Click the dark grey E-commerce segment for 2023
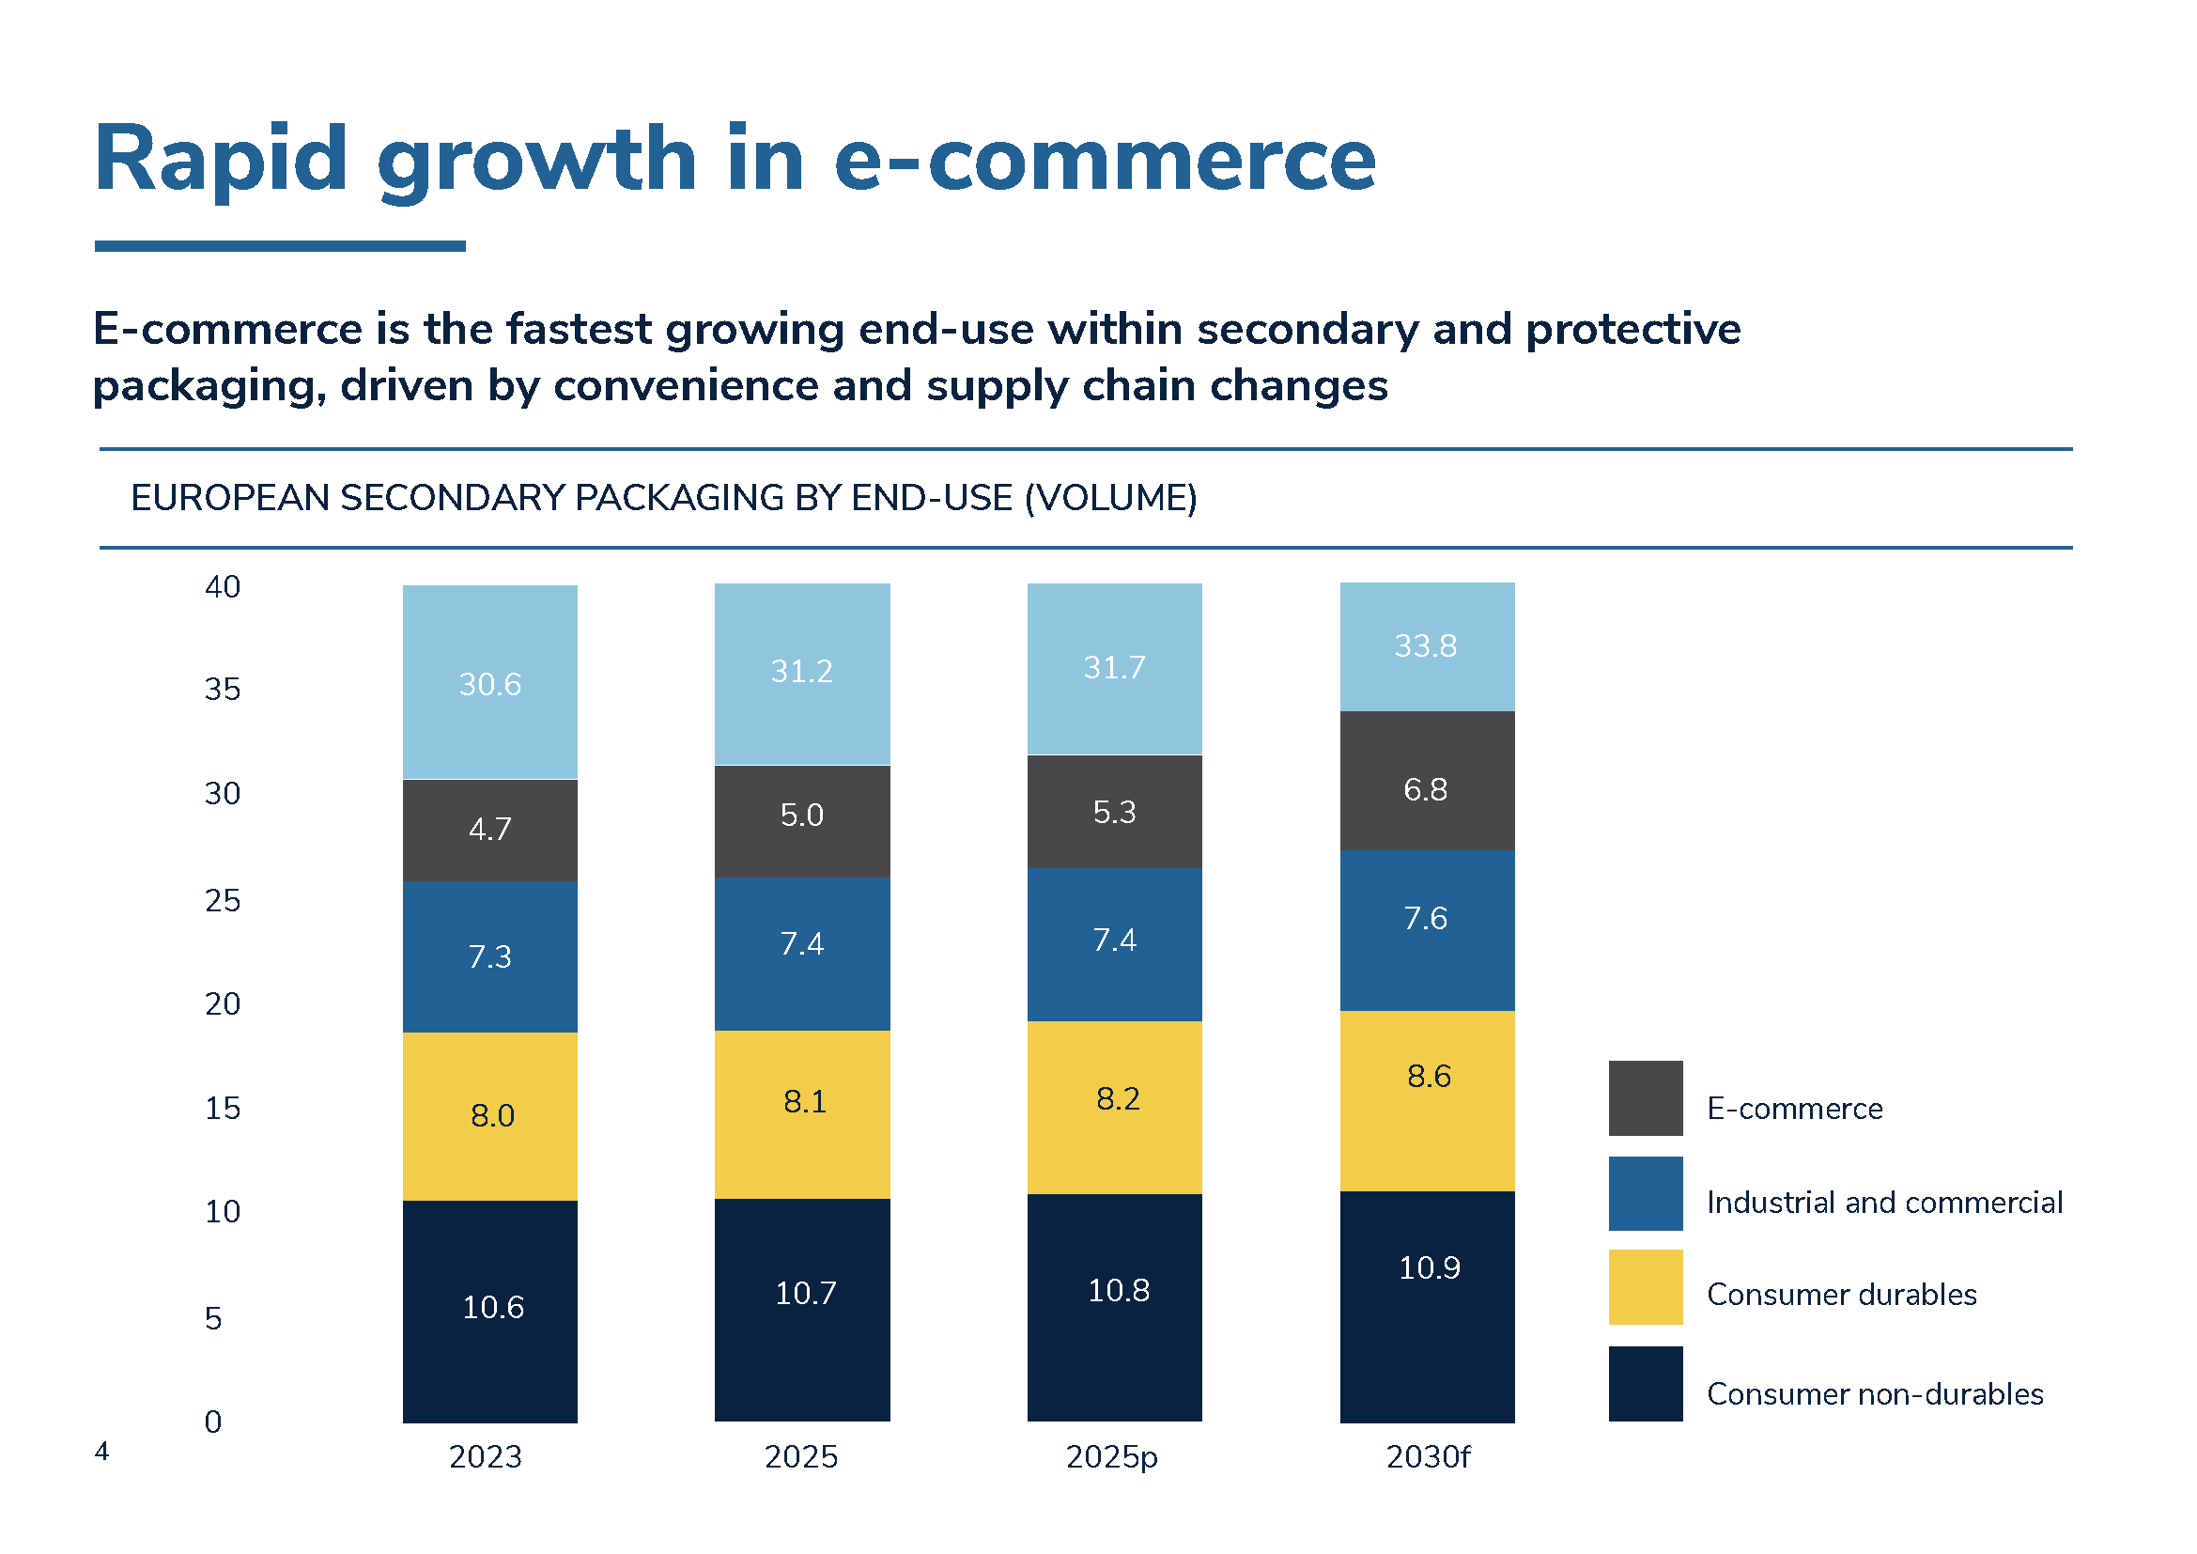click(489, 829)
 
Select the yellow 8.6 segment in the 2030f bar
click(1427, 1100)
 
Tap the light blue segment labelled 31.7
click(1114, 667)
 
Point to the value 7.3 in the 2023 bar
click(489, 956)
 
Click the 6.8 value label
click(1425, 789)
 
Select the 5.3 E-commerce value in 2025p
click(1114, 812)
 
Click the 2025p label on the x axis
click(1111, 1456)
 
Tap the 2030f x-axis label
click(1427, 1456)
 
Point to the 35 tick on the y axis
click(222, 689)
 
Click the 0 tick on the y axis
click(212, 1422)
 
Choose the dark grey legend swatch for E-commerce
click(1645, 1097)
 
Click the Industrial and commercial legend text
click(1884, 1202)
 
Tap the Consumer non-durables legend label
click(1875, 1393)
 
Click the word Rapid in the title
click(220, 159)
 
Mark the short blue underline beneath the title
click(279, 246)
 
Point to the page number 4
click(101, 1451)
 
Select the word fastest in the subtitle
click(578, 329)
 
